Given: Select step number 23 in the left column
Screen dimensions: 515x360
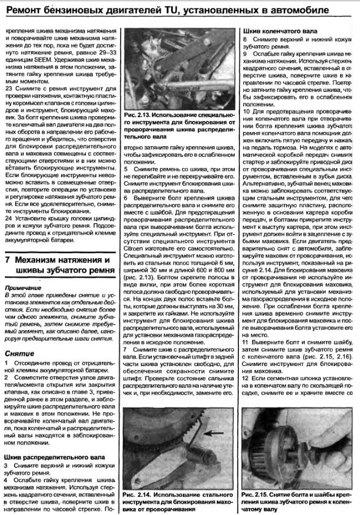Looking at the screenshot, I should pyautogui.click(x=8, y=89).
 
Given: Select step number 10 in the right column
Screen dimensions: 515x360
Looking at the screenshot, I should pyautogui.click(x=246, y=112).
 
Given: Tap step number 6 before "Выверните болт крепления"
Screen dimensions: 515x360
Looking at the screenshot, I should pyautogui.click(x=126, y=200).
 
